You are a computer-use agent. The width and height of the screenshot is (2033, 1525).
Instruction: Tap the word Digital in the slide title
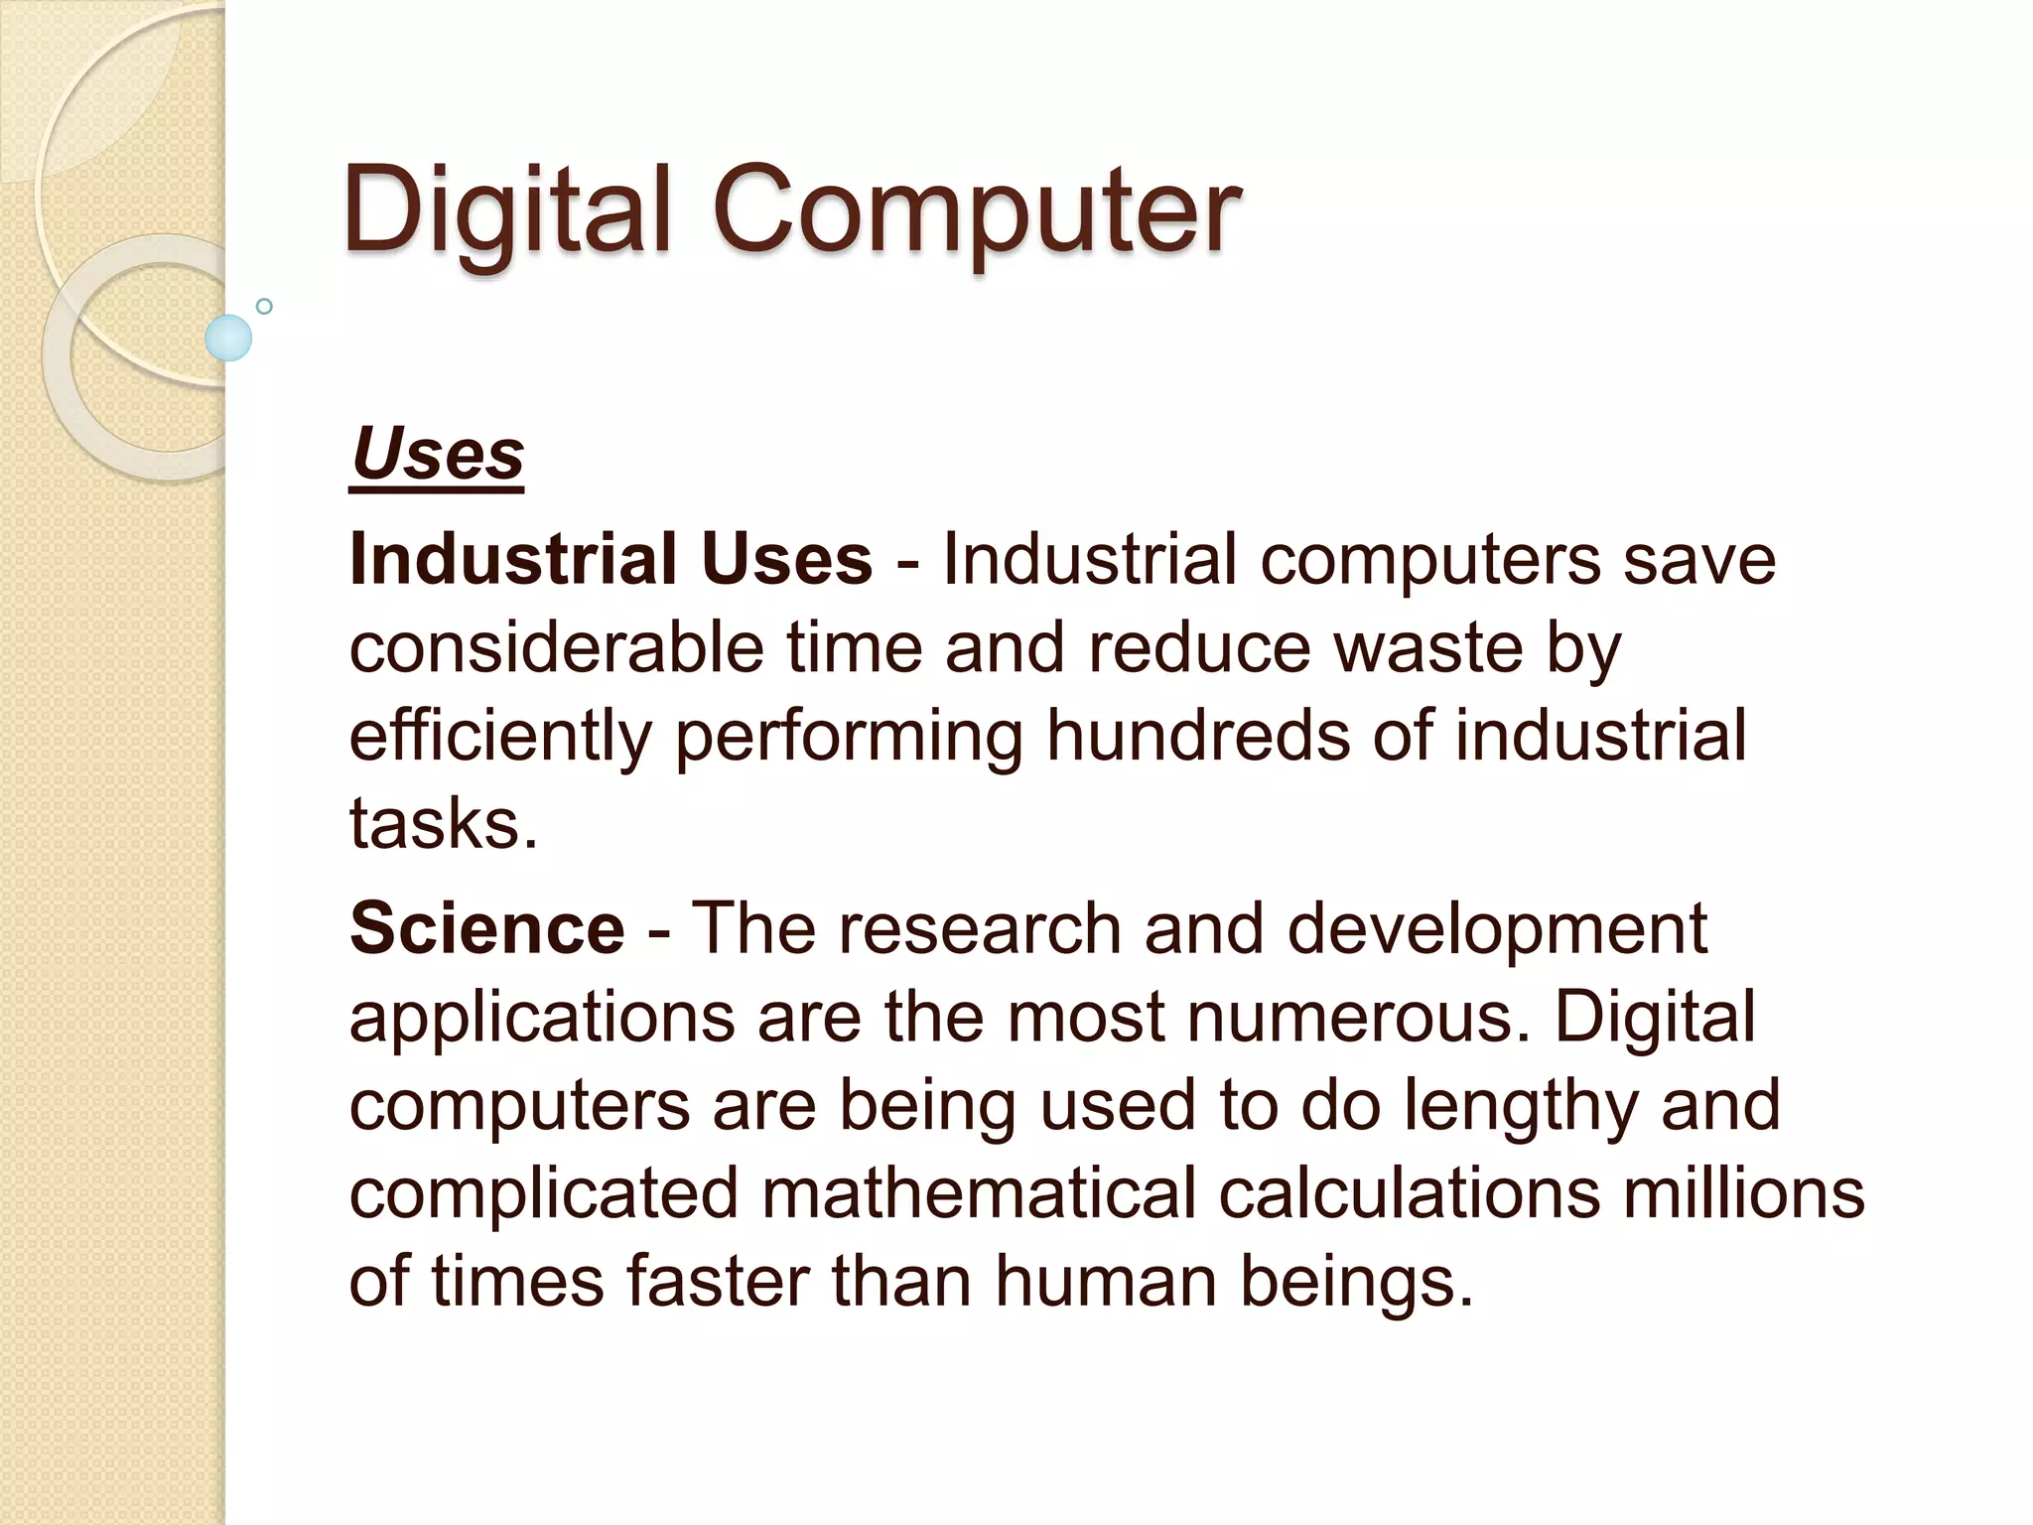coord(507,210)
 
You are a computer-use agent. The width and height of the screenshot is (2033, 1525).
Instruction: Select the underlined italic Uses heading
coord(437,455)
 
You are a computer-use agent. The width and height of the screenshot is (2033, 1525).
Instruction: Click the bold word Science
coord(487,928)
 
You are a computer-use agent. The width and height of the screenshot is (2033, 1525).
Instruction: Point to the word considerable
coord(556,647)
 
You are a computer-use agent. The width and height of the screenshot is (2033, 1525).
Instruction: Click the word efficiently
coord(500,736)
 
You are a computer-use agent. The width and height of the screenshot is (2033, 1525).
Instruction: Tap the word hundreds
coord(1198,736)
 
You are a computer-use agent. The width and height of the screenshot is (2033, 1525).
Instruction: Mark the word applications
coord(542,1018)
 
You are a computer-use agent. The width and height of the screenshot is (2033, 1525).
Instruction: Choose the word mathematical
coord(979,1192)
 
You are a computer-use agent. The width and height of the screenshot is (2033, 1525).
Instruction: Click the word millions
coord(1743,1192)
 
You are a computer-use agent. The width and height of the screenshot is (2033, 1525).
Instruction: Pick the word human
coord(1106,1280)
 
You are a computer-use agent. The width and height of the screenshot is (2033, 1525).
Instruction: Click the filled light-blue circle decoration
coord(228,338)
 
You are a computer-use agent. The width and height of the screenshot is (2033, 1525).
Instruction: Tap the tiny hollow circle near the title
coord(264,307)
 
